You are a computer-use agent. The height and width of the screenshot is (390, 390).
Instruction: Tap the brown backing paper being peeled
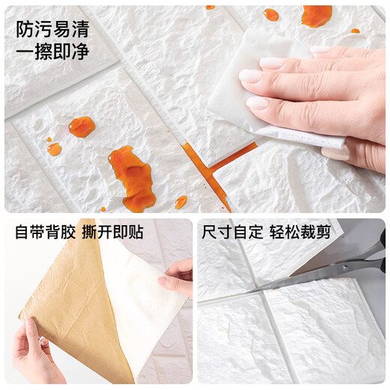tap(67, 300)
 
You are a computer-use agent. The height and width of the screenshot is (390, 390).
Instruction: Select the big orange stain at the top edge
tap(316, 14)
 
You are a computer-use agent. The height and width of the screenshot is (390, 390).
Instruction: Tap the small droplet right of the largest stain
tap(181, 202)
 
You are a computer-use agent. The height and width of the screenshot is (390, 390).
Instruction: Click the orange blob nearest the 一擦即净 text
tap(82, 127)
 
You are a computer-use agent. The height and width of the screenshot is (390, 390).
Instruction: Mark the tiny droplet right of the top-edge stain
tap(355, 31)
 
